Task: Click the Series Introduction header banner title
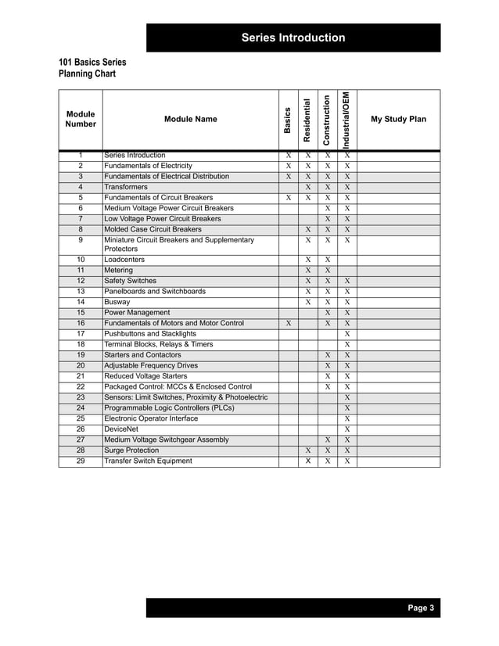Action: (293, 38)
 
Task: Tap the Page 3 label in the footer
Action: (420, 608)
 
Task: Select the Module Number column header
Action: (81, 119)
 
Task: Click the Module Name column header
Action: (191, 119)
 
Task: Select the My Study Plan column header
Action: (398, 119)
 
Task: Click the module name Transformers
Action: (126, 188)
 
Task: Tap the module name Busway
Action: (117, 302)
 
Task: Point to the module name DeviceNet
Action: (122, 429)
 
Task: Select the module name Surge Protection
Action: (131, 450)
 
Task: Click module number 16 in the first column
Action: (81, 323)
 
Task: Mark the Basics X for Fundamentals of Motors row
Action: (288, 323)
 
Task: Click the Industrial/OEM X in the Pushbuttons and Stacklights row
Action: (347, 334)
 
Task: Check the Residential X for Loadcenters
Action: (308, 260)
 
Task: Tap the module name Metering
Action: (120, 270)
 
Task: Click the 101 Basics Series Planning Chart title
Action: (92, 68)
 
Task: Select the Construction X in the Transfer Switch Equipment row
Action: (328, 461)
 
